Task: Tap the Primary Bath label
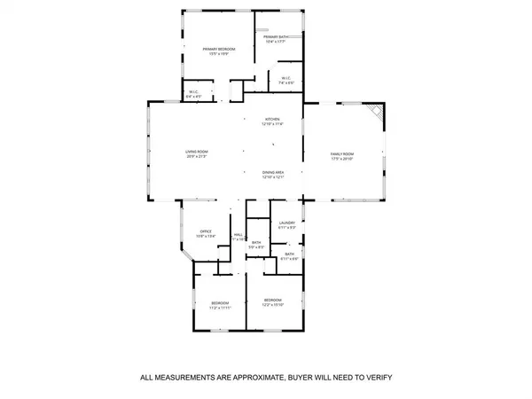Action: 286,36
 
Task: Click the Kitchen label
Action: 272,120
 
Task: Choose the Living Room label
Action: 196,152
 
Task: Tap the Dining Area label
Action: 272,173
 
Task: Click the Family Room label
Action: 342,154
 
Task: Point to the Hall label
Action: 238,234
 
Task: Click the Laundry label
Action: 286,223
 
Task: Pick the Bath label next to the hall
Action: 255,242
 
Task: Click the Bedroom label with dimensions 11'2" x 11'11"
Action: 220,303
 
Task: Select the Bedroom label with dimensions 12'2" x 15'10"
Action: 272,301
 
